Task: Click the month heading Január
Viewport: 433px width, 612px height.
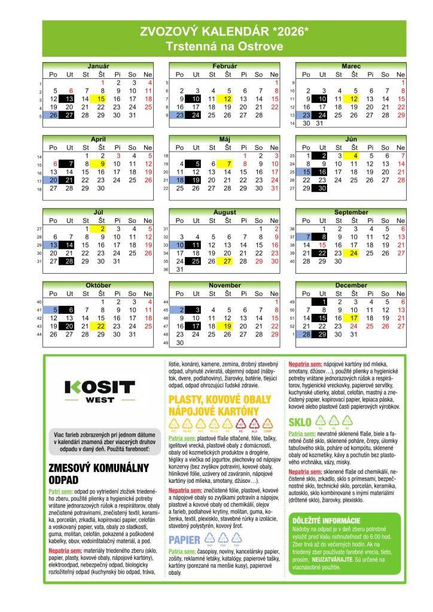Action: click(99, 65)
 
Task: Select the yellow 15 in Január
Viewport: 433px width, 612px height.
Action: click(101, 99)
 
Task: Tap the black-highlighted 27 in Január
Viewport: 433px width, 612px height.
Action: click(69, 115)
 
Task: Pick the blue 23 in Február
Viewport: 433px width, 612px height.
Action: click(179, 115)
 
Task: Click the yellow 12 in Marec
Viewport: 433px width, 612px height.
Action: click(354, 99)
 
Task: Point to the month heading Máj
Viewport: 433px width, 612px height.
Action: click(225, 139)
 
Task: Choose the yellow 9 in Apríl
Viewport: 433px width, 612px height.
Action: click(102, 164)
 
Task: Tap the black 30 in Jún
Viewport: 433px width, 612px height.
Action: click(322, 188)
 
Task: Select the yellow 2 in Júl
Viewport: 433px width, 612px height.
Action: click(102, 228)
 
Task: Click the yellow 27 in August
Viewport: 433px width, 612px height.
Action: click(227, 261)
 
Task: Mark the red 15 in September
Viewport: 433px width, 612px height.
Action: click(322, 245)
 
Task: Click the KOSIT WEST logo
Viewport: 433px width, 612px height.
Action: click(99, 390)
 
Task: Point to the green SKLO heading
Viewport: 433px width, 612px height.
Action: click(300, 422)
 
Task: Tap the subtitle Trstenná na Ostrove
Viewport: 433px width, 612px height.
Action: click(224, 46)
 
